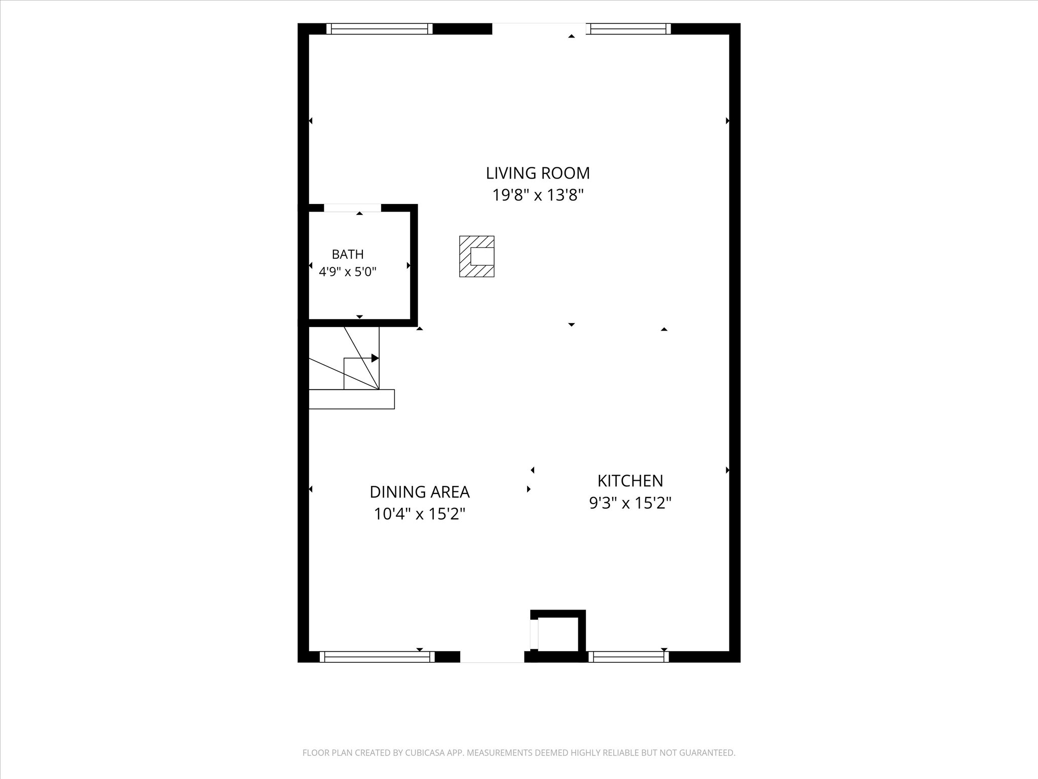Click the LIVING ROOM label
(x=538, y=173)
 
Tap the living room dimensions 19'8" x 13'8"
(x=538, y=195)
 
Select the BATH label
(x=348, y=254)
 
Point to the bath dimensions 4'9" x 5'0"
(x=348, y=272)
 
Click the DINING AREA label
(x=420, y=492)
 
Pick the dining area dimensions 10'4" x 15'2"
(x=420, y=514)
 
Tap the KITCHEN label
(x=630, y=480)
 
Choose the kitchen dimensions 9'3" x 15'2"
(x=630, y=503)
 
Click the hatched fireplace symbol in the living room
(x=476, y=257)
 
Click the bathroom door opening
(x=352, y=208)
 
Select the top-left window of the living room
(x=380, y=29)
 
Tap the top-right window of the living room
(x=628, y=29)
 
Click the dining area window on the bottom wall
(x=378, y=657)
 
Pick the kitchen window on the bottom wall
(x=628, y=657)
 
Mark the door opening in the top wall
(x=539, y=29)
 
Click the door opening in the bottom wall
(x=492, y=657)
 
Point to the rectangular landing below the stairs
(x=352, y=399)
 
